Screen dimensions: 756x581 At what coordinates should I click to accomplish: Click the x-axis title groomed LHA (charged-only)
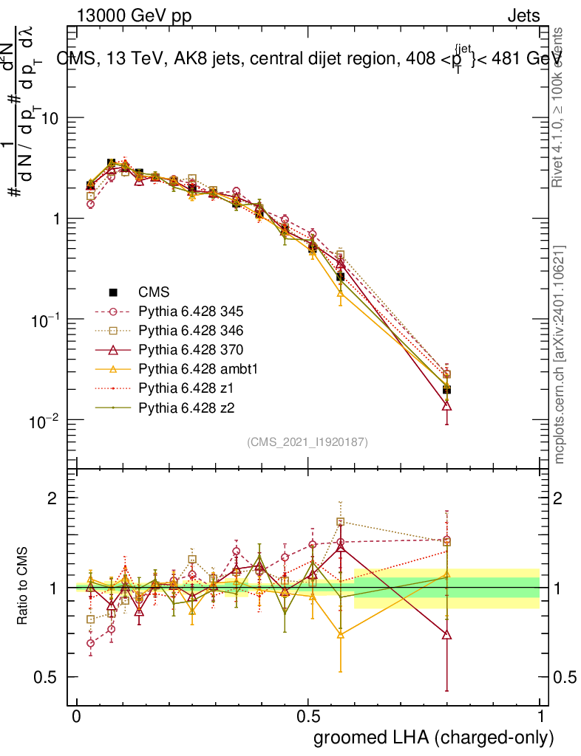point(434,738)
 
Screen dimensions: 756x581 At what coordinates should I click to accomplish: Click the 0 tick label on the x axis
point(76,717)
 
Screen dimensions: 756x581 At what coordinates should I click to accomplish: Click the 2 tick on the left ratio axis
point(52,498)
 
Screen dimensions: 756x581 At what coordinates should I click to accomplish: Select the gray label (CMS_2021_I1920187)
point(308,441)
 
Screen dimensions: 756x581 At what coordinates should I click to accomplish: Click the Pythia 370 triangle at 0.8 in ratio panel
point(446,635)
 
